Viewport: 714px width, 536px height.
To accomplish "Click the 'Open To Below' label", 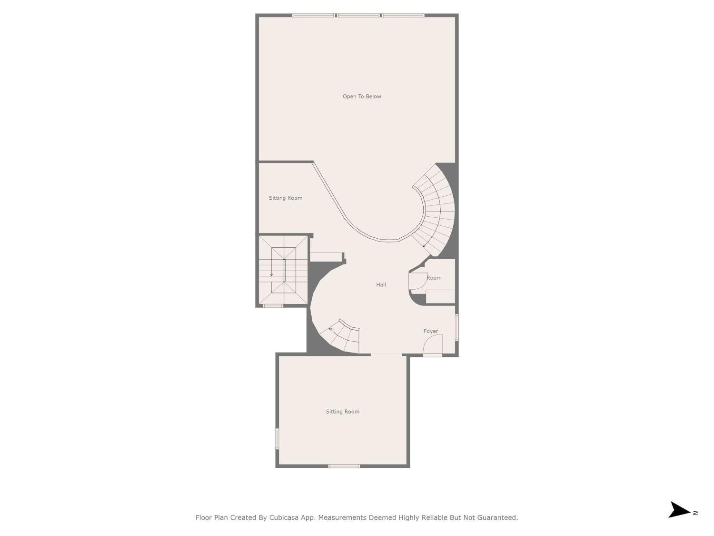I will pyautogui.click(x=362, y=96).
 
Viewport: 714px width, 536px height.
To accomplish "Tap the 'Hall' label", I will pyautogui.click(x=381, y=284).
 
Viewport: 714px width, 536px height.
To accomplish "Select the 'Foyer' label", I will pyautogui.click(x=431, y=331).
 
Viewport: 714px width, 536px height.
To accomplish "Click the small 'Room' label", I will pyautogui.click(x=434, y=278).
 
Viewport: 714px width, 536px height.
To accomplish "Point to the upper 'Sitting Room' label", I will pyautogui.click(x=285, y=198).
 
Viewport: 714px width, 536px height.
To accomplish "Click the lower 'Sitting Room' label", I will pyautogui.click(x=342, y=412).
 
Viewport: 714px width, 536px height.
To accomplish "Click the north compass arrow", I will pyautogui.click(x=679, y=510).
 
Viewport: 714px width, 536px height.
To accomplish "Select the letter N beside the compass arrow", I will pyautogui.click(x=695, y=513).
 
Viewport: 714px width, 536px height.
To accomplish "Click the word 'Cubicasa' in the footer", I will pyautogui.click(x=284, y=517).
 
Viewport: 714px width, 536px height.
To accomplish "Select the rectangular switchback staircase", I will pyautogui.click(x=283, y=270).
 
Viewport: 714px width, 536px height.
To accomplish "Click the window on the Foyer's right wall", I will pyautogui.click(x=456, y=327).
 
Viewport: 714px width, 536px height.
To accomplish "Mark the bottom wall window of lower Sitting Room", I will pyautogui.click(x=344, y=465).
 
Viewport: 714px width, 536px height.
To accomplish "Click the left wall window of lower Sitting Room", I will pyautogui.click(x=277, y=438).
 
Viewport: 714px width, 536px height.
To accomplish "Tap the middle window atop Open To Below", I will pyautogui.click(x=358, y=15).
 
